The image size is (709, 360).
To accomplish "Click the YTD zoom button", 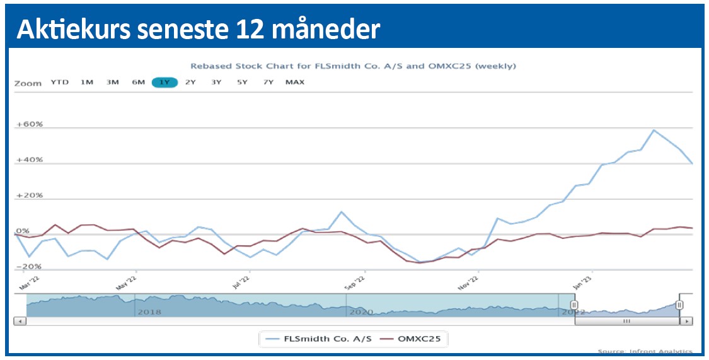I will (59, 82).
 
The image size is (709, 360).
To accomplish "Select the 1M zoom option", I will (87, 82).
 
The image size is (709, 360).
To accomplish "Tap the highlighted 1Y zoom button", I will (164, 82).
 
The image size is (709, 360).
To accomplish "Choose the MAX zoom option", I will (295, 82).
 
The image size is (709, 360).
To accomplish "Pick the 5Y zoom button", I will (242, 82).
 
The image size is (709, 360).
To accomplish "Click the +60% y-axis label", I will (30, 124).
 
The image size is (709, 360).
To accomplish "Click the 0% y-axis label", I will (22, 231).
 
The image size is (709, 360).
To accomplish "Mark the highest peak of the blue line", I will (654, 130).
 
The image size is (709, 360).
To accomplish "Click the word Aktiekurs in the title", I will (67, 29).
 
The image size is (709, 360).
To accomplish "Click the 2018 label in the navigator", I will (149, 311).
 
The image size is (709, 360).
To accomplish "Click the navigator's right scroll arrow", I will (687, 321).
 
